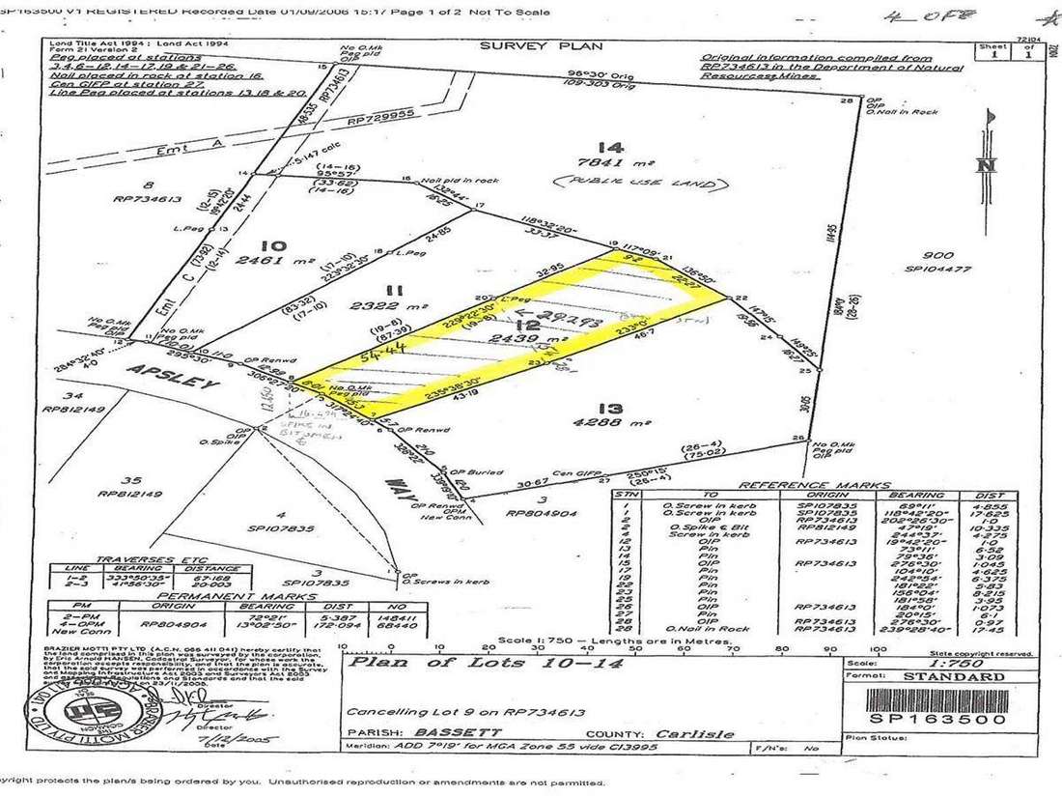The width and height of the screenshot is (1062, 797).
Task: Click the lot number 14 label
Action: coord(609,147)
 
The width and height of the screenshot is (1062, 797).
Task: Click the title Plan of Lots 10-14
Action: coord(485,663)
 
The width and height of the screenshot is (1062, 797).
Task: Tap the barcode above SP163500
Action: coord(936,697)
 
